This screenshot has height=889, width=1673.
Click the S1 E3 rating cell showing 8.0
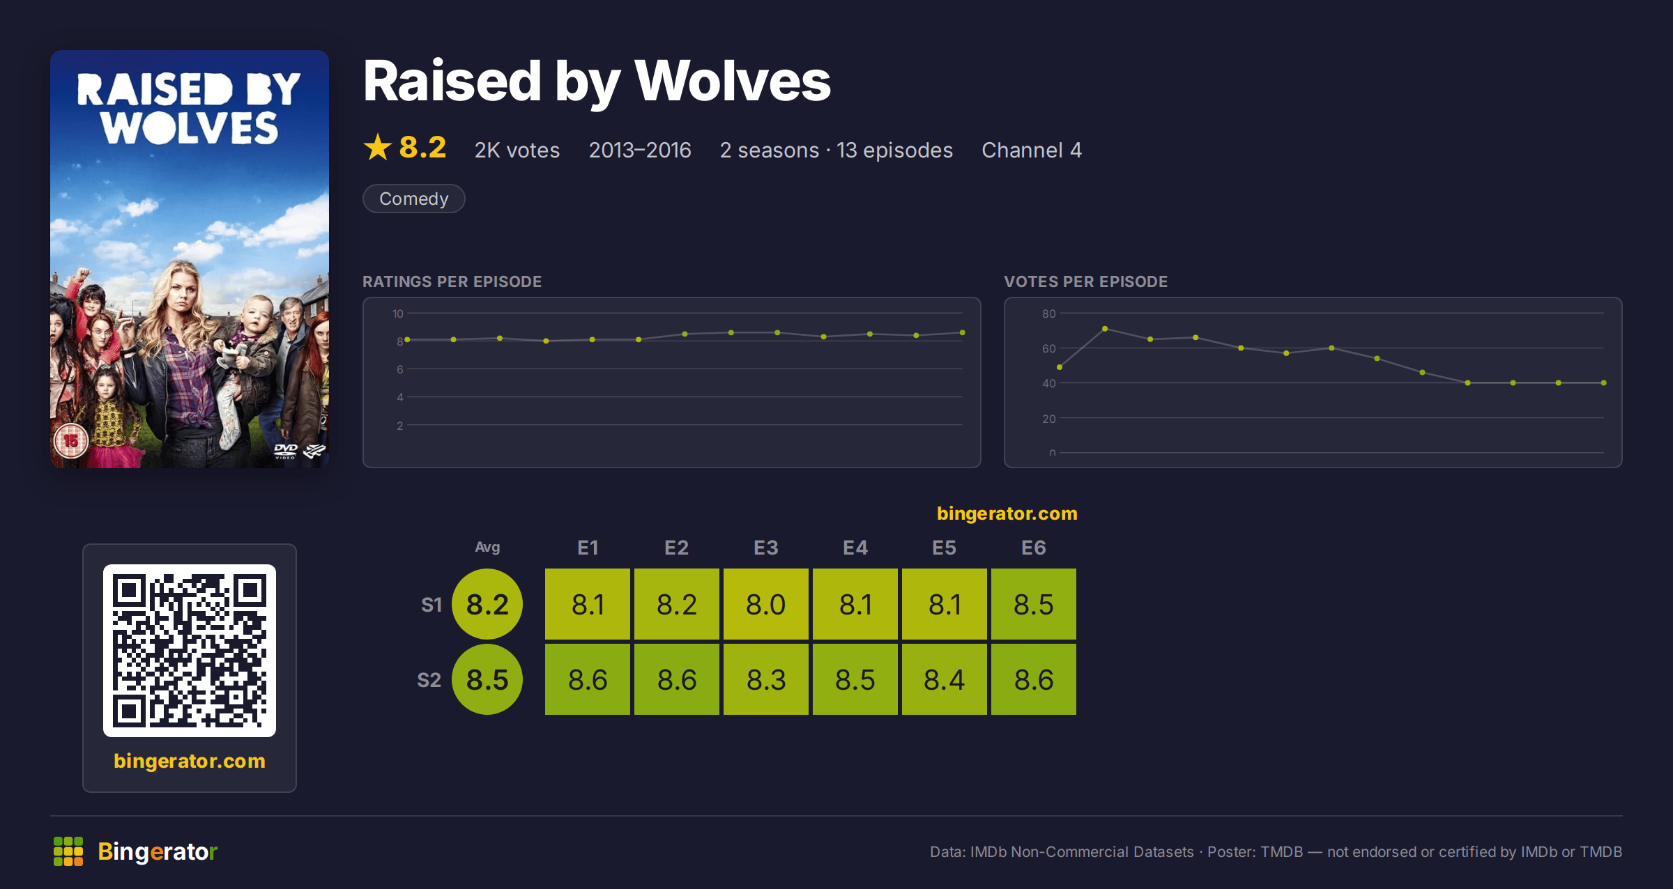point(765,604)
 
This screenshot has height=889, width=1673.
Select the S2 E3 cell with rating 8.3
point(765,679)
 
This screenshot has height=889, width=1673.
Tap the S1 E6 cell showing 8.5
point(1033,604)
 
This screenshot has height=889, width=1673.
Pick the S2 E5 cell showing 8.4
point(944,679)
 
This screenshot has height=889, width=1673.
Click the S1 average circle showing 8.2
point(487,604)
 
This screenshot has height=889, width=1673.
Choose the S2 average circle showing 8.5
point(487,679)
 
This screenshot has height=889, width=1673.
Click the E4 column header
point(855,548)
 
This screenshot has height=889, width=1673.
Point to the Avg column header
point(487,548)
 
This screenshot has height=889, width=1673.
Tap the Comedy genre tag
point(414,199)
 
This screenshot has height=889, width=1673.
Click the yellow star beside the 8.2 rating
point(378,148)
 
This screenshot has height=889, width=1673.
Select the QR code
point(190,651)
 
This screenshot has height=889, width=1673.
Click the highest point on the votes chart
point(1105,329)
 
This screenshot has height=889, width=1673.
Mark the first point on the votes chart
point(1060,367)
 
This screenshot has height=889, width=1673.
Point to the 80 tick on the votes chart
point(1048,314)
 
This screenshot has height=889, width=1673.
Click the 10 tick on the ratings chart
point(397,314)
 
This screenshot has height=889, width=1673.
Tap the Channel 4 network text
point(1032,150)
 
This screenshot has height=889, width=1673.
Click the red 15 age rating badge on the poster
point(71,440)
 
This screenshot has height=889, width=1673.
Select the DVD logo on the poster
point(286,451)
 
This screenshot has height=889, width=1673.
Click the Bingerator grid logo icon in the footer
point(68,851)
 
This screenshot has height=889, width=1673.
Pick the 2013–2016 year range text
point(640,150)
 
